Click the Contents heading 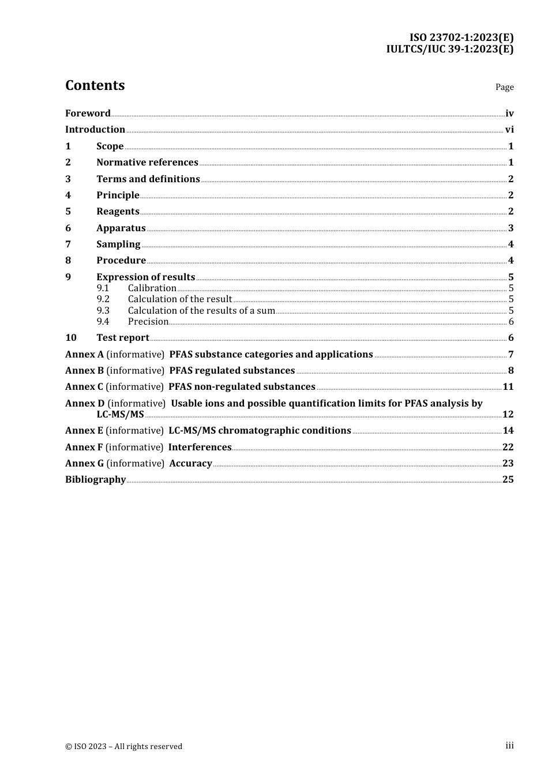point(95,85)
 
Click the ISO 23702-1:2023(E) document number point(461,37)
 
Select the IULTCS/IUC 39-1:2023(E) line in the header point(449,49)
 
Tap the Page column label point(504,87)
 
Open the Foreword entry point(88,114)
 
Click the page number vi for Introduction point(509,130)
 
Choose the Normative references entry point(147,163)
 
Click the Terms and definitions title point(148,179)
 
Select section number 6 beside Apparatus point(68,228)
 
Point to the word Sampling point(118,244)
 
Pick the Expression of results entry point(145,277)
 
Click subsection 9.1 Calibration point(152,288)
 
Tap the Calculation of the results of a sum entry point(201,311)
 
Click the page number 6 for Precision point(511,322)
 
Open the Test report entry point(122,338)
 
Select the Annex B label point(84,371)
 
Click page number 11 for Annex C point(508,387)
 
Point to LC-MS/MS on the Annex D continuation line point(120,415)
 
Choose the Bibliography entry point(95,480)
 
